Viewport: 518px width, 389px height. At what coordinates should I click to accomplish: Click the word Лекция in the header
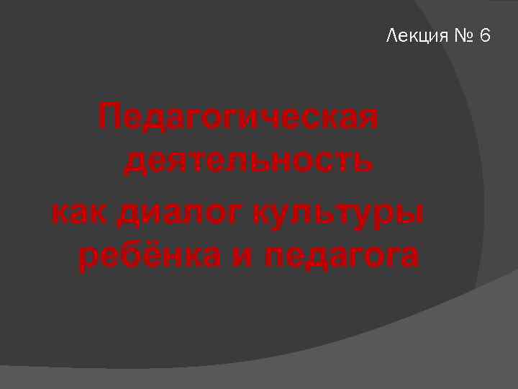click(417, 35)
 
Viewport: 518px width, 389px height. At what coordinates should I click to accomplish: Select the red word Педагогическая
click(239, 117)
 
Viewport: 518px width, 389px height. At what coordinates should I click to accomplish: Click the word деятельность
click(248, 161)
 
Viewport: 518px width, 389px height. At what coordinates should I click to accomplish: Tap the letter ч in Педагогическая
click(276, 118)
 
